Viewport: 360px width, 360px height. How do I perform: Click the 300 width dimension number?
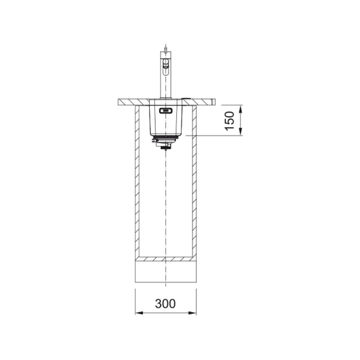pyautogui.click(x=165, y=303)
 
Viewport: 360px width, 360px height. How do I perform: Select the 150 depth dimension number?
pyautogui.click(x=230, y=121)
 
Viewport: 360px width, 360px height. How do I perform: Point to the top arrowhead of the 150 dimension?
pyautogui.click(x=241, y=108)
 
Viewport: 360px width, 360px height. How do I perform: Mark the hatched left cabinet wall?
pyautogui.click(x=137, y=180)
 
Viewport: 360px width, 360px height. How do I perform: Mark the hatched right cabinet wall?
pyautogui.click(x=194, y=180)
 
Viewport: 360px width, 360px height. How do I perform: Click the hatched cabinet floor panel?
pyautogui.click(x=166, y=259)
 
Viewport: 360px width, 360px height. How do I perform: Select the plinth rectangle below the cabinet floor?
pyautogui.click(x=166, y=272)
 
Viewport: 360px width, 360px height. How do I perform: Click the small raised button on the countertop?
pyautogui.click(x=186, y=98)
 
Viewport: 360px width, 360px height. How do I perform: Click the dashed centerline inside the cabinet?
pyautogui.click(x=166, y=200)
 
